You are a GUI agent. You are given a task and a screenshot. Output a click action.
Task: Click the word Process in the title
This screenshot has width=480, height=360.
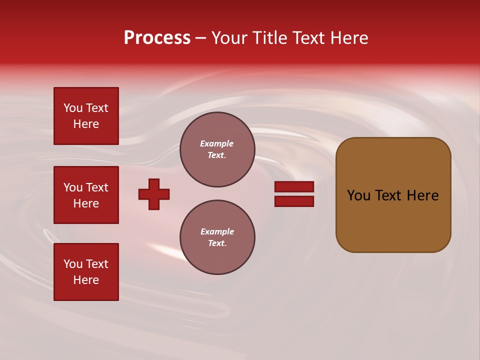click(157, 38)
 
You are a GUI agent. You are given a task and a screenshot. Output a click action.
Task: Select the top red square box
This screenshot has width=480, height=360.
click(86, 116)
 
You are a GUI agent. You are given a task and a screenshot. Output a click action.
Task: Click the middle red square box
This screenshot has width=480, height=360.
click(86, 195)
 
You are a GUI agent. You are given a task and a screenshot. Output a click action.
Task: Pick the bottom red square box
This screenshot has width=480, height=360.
click(86, 272)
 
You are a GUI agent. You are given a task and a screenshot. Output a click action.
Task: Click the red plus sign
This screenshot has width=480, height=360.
click(154, 194)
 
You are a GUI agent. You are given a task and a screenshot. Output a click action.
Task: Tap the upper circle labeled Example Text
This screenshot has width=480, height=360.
click(217, 149)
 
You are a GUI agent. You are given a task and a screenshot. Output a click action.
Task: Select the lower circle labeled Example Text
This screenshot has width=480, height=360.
click(217, 237)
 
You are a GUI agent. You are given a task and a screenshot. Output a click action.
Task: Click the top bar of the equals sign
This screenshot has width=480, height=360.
click(294, 186)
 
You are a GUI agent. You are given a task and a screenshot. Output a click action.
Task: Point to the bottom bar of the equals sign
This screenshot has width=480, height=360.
click(294, 201)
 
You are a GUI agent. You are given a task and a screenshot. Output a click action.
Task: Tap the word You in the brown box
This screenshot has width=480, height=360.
click(358, 195)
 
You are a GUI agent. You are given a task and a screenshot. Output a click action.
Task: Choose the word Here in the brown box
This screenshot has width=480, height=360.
click(422, 195)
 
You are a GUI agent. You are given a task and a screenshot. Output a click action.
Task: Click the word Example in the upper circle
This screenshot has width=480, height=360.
click(217, 143)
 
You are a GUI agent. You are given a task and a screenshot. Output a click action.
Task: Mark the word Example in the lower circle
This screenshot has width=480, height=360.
click(217, 231)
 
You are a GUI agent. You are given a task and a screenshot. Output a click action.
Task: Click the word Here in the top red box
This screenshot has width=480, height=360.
click(86, 124)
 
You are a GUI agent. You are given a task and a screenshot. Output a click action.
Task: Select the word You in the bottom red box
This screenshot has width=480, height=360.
click(73, 264)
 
